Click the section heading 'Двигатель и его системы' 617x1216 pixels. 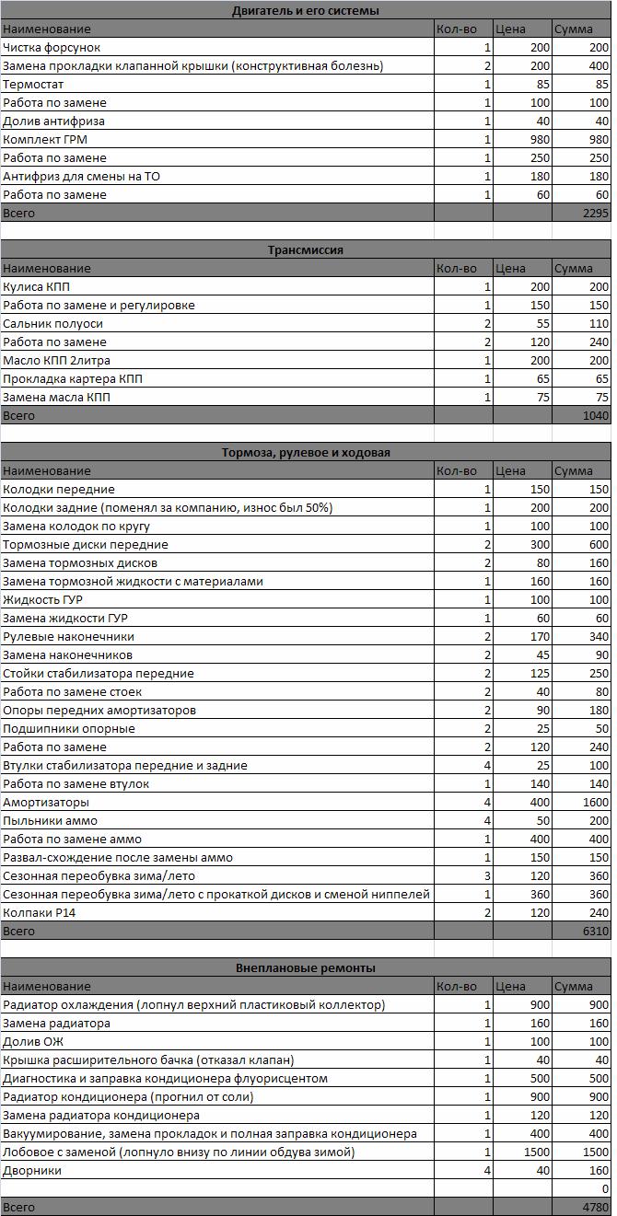[x=306, y=11]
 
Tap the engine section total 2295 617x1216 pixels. [x=596, y=214]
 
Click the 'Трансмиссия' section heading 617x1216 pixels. [x=306, y=250]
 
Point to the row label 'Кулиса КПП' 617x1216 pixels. [x=35, y=287]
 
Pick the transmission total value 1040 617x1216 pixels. [x=596, y=416]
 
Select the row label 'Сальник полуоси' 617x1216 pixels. [x=52, y=324]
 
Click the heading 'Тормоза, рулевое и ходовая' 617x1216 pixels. [x=306, y=453]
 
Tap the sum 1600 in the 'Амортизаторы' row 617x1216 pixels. [x=594, y=803]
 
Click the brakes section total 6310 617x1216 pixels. [x=596, y=932]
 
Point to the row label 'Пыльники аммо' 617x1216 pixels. [x=50, y=821]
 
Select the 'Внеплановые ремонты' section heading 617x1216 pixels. [x=306, y=968]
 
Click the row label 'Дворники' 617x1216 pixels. [x=32, y=1171]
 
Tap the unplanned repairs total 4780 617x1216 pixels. [x=596, y=1207]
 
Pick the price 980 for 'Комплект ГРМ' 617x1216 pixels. [x=536, y=140]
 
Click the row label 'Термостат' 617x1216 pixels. [x=33, y=85]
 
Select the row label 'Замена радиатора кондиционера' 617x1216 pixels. [x=101, y=1116]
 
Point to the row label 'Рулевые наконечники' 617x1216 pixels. [x=68, y=637]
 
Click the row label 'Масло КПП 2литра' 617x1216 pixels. [x=56, y=361]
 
